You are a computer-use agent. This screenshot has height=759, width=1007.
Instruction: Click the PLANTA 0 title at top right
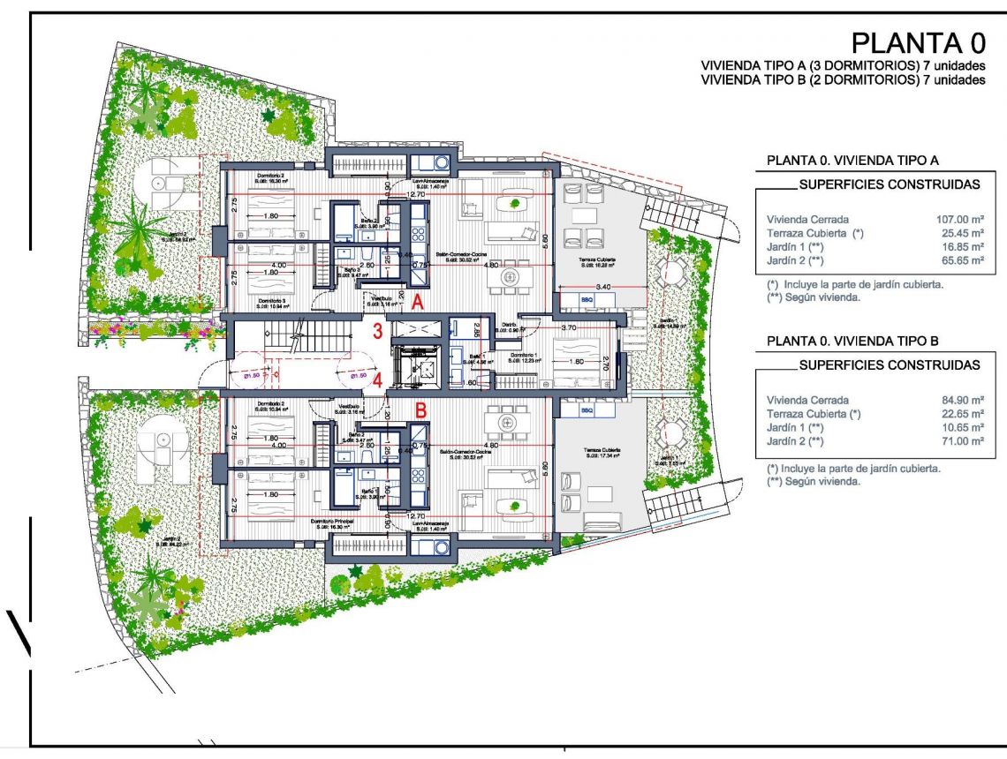tap(917, 43)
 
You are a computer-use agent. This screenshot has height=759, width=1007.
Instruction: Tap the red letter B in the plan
tap(421, 410)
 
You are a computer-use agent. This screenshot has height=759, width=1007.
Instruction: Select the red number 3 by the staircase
tap(377, 333)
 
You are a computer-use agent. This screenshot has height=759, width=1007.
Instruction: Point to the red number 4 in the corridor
tap(377, 381)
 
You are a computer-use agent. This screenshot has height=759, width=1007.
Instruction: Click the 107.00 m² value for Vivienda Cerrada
tap(959, 218)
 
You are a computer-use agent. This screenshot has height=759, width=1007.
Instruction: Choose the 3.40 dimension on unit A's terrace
tap(604, 287)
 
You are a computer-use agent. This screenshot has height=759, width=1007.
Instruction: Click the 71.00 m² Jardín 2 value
tap(963, 440)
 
